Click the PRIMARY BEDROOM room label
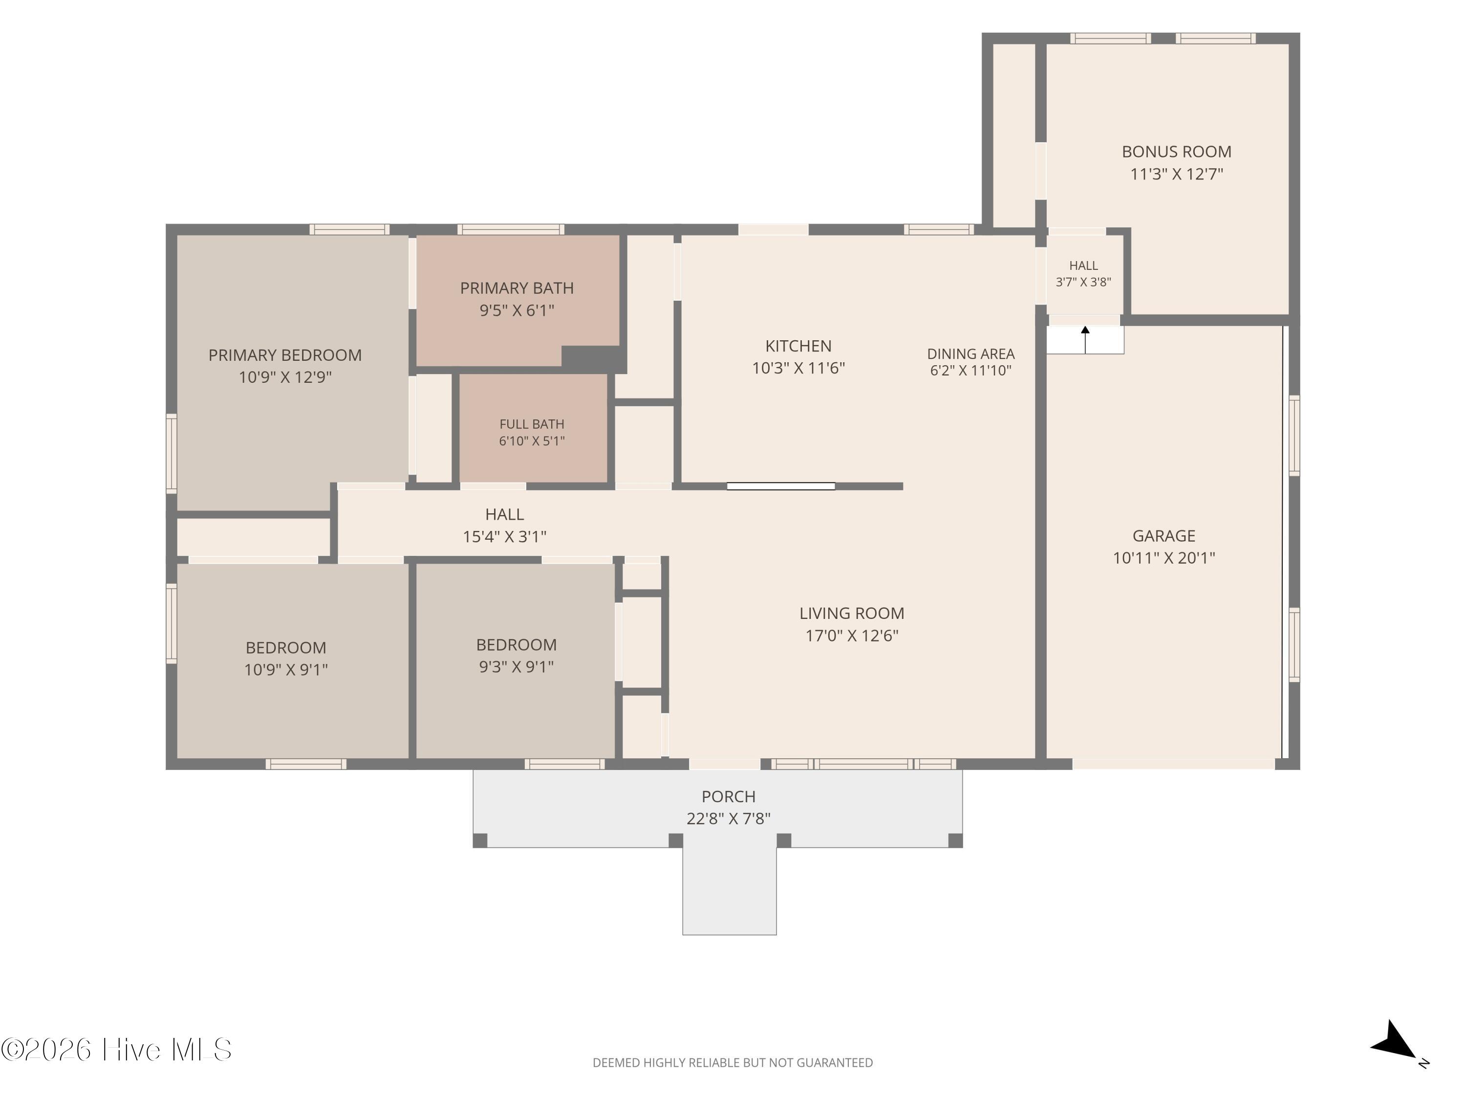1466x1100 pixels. point(285,355)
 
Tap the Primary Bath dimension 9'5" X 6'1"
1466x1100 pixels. point(517,310)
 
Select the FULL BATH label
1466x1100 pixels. point(532,424)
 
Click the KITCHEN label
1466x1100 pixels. point(798,346)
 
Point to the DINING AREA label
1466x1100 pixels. point(970,353)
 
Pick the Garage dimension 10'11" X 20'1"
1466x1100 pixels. point(1164,558)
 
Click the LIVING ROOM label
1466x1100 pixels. point(852,614)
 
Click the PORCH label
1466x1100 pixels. point(729,796)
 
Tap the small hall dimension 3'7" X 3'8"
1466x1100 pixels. point(1083,282)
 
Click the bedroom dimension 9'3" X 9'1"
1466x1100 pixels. point(517,666)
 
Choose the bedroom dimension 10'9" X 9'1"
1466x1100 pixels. point(286,670)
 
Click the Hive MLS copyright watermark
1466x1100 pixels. point(117,1050)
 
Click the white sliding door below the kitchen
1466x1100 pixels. point(781,486)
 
